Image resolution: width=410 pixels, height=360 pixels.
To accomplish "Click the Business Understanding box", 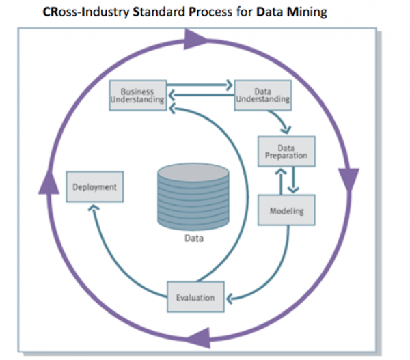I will click(x=137, y=95).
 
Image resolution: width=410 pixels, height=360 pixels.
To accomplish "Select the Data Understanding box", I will click(x=262, y=95).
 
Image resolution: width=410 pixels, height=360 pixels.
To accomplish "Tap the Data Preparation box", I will click(x=286, y=152).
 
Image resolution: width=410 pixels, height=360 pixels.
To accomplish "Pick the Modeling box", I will click(x=286, y=210).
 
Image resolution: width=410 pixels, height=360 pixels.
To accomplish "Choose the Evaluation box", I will click(x=195, y=297).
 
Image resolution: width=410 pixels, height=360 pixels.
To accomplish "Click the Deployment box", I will click(x=95, y=186).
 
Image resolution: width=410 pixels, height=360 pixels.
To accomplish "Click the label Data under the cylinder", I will click(x=193, y=239).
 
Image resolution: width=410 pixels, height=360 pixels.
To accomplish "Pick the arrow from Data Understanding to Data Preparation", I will click(x=280, y=120).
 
